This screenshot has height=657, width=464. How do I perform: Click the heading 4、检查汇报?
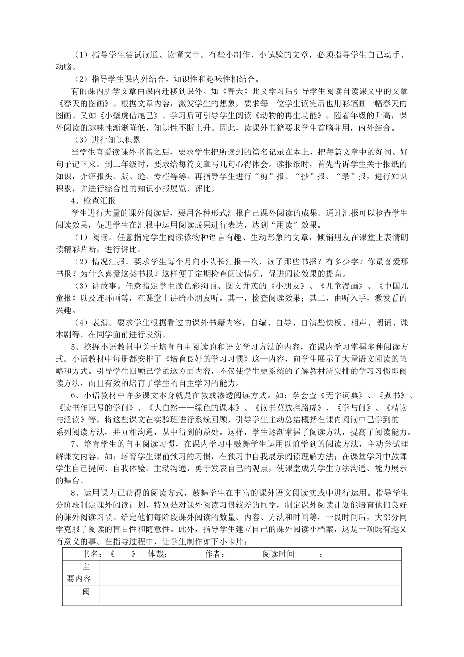coord(93,200)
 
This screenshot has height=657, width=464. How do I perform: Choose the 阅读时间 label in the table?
coord(278,554)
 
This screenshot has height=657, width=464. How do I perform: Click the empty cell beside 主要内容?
coord(250,572)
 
